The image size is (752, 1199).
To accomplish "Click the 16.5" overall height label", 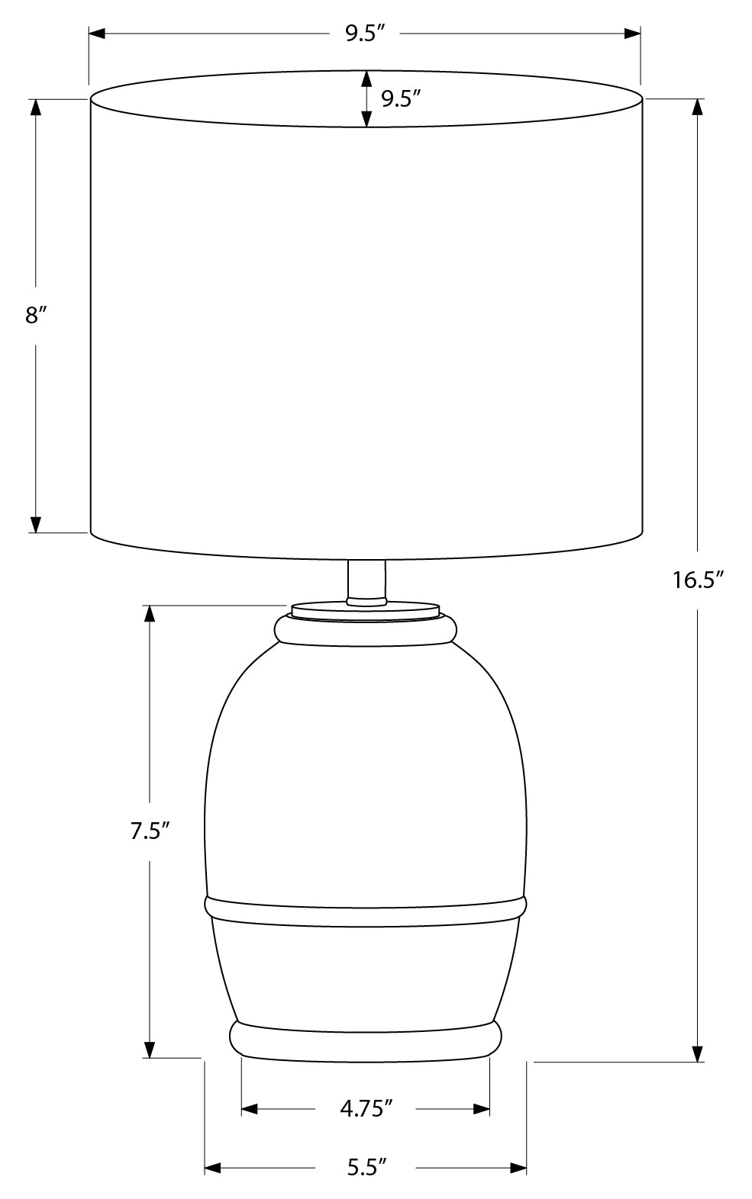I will click(x=697, y=580).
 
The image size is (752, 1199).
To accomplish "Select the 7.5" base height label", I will click(x=149, y=831).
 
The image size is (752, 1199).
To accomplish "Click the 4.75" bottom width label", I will click(x=366, y=1108).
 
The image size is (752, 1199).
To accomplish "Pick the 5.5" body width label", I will click(x=366, y=1168).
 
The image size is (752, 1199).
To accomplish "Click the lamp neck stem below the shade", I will click(x=366, y=581).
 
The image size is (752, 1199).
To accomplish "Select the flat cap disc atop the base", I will click(x=365, y=611).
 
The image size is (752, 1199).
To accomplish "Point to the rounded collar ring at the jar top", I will click(x=365, y=629).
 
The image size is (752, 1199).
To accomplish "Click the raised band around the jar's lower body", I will click(x=365, y=908).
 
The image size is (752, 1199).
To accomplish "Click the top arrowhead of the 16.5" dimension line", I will click(x=697, y=108).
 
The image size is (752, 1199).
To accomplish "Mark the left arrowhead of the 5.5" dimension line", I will click(x=213, y=1168).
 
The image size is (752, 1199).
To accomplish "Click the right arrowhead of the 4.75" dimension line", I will click(x=482, y=1108).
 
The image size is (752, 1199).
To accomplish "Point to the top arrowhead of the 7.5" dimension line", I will click(x=150, y=614).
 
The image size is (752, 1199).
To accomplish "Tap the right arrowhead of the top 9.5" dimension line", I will click(x=632, y=34).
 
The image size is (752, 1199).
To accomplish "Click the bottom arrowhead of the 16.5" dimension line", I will click(x=697, y=1053).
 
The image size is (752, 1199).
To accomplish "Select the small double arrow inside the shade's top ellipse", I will click(x=366, y=99).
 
